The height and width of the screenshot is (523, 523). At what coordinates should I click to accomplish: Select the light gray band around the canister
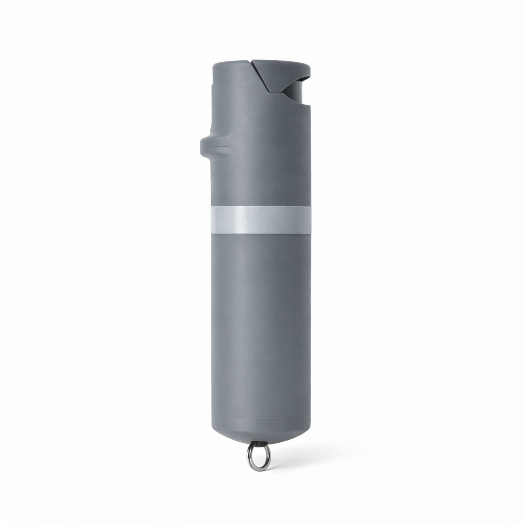(260, 220)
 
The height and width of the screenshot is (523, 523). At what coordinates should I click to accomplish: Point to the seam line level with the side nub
(260, 147)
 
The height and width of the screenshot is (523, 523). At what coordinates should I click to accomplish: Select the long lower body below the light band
(260, 322)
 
